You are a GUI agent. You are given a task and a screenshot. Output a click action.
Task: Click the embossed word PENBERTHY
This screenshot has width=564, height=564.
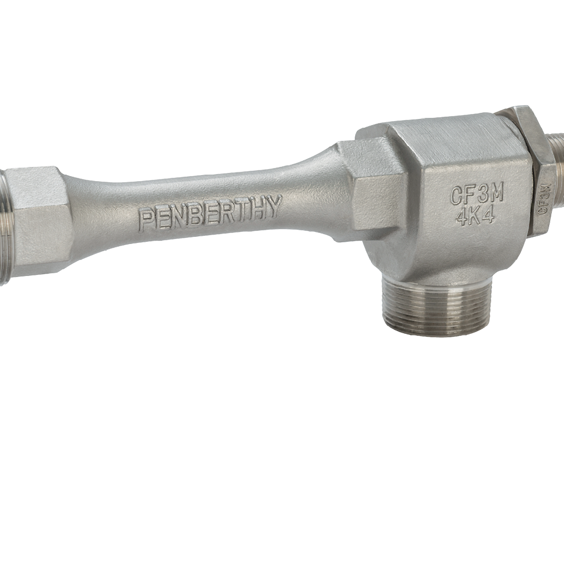pos(210,213)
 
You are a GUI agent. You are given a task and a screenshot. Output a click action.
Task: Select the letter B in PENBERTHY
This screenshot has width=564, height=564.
pos(194,215)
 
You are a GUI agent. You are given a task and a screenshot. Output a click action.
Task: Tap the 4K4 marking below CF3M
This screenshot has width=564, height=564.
pos(475,216)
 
